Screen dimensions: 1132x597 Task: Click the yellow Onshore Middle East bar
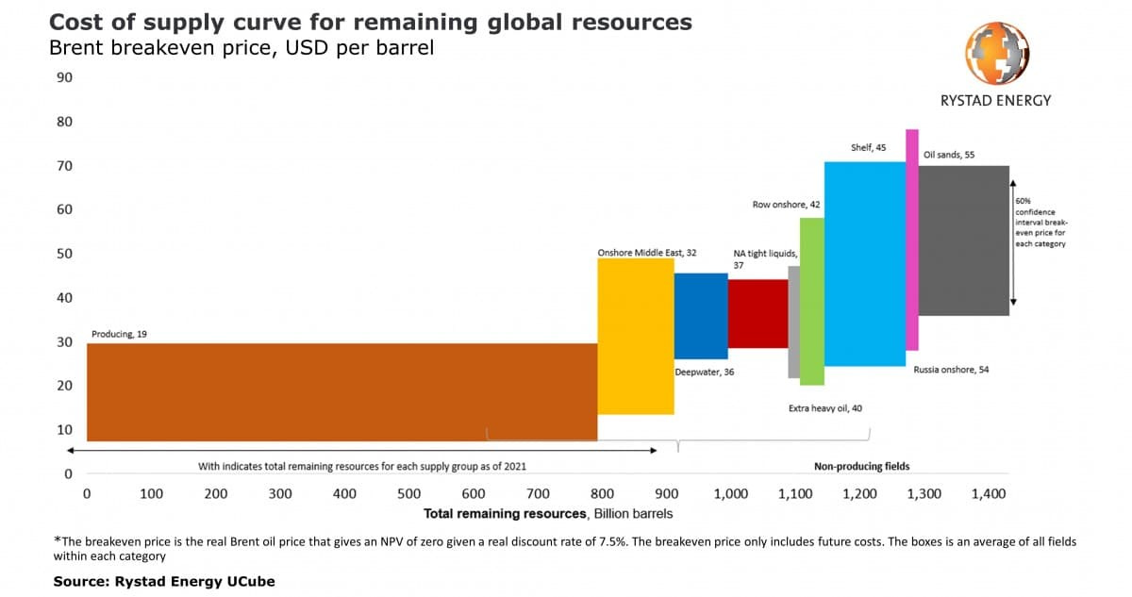pyautogui.click(x=636, y=337)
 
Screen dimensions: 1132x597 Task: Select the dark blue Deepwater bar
pyautogui.click(x=701, y=316)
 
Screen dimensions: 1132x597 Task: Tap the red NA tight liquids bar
pyautogui.click(x=758, y=314)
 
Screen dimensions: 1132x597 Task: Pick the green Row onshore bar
pyautogui.click(x=812, y=302)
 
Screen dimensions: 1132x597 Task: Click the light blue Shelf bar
pyautogui.click(x=865, y=264)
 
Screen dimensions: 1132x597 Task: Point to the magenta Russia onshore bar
pyautogui.click(x=912, y=240)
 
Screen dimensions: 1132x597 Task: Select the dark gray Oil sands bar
pyautogui.click(x=964, y=240)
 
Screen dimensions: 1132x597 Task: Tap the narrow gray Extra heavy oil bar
pyautogui.click(x=794, y=323)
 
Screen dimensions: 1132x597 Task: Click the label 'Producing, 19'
pyautogui.click(x=119, y=335)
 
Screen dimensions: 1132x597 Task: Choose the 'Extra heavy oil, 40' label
pyautogui.click(x=825, y=408)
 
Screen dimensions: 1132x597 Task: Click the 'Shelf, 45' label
pyautogui.click(x=868, y=147)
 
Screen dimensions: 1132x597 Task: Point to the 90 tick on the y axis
pyautogui.click(x=65, y=77)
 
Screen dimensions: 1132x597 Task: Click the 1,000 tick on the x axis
pyautogui.click(x=731, y=494)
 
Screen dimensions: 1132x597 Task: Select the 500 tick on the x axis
pyautogui.click(x=408, y=494)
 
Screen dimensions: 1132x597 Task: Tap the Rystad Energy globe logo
pyautogui.click(x=996, y=53)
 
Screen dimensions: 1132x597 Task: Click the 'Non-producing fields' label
pyautogui.click(x=861, y=466)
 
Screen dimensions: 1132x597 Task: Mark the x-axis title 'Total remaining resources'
pyautogui.click(x=505, y=514)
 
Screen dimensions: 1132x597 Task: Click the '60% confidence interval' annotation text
pyautogui.click(x=1041, y=223)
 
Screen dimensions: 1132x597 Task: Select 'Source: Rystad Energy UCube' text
pyautogui.click(x=164, y=581)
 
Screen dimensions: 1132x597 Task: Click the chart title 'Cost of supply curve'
pyautogui.click(x=371, y=23)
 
